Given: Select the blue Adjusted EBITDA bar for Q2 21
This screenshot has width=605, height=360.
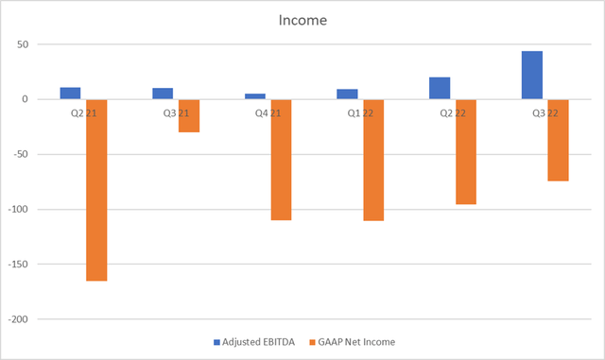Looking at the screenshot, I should pos(70,94).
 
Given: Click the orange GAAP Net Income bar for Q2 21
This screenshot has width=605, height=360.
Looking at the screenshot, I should pos(96,189).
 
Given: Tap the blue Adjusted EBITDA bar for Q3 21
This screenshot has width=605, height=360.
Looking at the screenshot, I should pos(163,94).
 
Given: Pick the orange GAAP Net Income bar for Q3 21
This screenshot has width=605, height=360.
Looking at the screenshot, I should pos(189,115).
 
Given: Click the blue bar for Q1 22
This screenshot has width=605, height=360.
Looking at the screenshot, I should pos(347,94).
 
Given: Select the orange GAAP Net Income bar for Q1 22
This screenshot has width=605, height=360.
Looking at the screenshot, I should pos(373,160).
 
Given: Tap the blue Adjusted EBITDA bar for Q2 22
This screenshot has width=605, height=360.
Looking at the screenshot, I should pos(440,89).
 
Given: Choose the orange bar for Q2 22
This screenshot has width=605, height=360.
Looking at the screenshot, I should pos(466,151).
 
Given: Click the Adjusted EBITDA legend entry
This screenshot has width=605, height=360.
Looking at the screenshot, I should pos(246,341).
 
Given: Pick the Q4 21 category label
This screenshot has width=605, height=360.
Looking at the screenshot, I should pos(268,113).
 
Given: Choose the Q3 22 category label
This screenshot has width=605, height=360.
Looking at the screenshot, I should pos(545,113).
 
